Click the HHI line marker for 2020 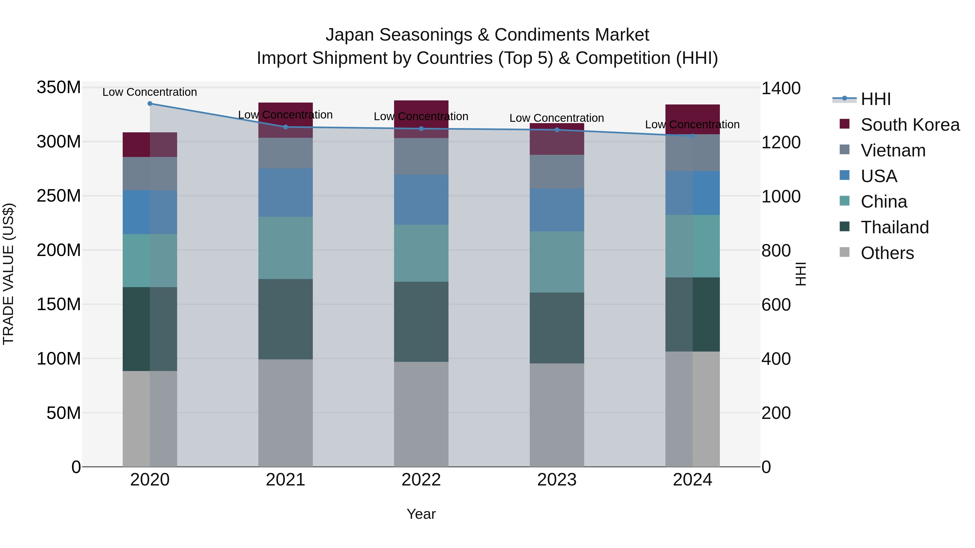tap(150, 103)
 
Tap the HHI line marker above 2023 tap(557, 130)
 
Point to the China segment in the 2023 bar tap(557, 262)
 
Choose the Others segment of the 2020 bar tap(150, 419)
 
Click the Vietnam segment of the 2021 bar tap(285, 153)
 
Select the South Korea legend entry tap(910, 125)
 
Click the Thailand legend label tap(895, 227)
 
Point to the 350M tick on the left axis tap(59, 87)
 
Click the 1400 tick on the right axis tap(781, 88)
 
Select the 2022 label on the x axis tap(421, 480)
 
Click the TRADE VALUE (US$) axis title tap(8, 274)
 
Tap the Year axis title tap(421, 514)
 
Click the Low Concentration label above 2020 tap(150, 92)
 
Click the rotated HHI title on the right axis tap(801, 274)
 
